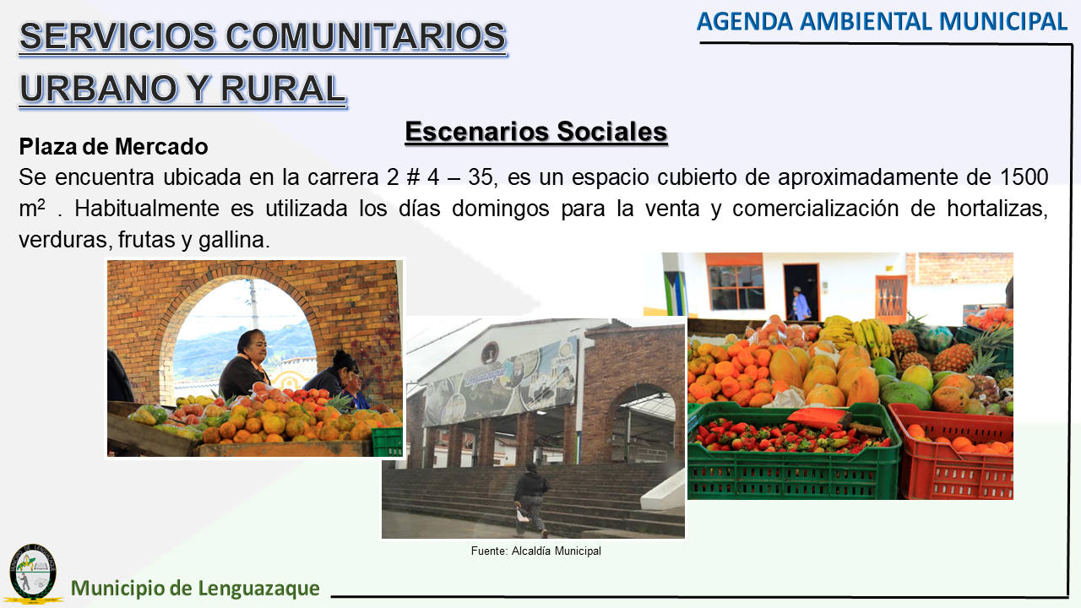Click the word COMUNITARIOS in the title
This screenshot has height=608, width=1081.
pos(366,36)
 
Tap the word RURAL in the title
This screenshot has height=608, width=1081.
pos(283,89)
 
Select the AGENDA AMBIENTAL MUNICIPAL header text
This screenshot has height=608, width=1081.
pos(882,22)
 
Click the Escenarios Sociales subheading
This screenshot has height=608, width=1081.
pos(536,131)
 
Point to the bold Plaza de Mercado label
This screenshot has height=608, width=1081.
pos(113,147)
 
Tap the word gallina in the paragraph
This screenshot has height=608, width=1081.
pos(231,240)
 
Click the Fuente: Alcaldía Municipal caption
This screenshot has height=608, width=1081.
pos(536,551)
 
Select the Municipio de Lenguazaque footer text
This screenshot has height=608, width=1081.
pos(195,589)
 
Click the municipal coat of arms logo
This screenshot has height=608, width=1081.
pos(33,573)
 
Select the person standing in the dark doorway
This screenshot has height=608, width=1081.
pos(799,303)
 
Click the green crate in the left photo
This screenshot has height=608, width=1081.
pos(387,442)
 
